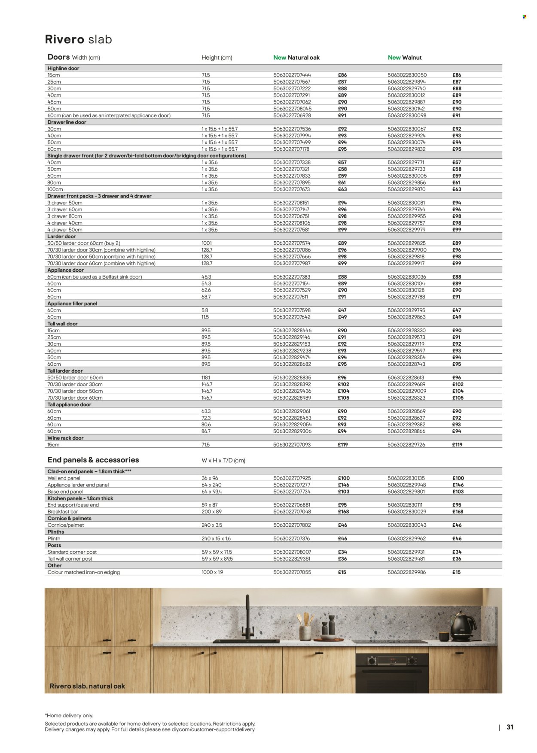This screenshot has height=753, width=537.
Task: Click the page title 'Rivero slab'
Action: coord(78,39)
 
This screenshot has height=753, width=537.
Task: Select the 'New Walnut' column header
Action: coord(405,58)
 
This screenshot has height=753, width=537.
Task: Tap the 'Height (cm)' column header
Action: coord(217,58)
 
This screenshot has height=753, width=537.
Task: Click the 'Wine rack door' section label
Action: coord(65,438)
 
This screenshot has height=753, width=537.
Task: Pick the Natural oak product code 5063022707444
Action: coord(292,75)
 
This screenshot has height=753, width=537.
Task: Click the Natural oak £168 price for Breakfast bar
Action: coord(343,512)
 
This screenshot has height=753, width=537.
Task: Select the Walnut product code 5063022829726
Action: coord(406,445)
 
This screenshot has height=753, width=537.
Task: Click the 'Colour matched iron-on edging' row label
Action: coord(83,572)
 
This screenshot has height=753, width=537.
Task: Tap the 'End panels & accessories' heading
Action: coord(93,460)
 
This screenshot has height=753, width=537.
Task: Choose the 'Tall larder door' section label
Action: coord(65,370)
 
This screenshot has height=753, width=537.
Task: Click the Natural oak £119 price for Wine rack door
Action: coord(342,445)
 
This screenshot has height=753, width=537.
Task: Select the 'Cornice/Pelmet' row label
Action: coord(66,525)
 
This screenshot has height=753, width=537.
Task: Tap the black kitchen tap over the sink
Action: coord(247,618)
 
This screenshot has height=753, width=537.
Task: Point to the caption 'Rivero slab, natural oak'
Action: coord(87,686)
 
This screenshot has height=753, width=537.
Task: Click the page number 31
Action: coord(510,727)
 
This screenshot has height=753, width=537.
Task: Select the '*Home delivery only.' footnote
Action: coord(69,716)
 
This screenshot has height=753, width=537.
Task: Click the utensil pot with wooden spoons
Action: coord(305,629)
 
